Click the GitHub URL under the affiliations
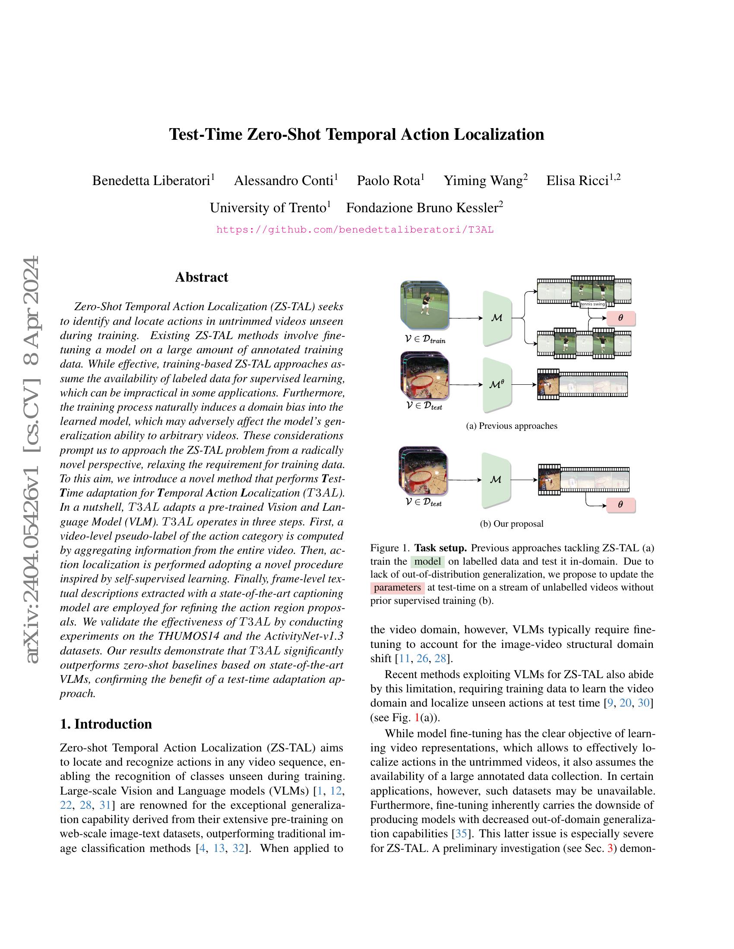pos(355,230)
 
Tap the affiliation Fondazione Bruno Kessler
pos(422,208)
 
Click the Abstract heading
pos(201,277)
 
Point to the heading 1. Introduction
pos(106,724)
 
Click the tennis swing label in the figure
pos(593,304)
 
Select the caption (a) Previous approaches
pos(511,426)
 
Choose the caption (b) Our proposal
pos(511,524)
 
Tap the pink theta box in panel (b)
pos(620,505)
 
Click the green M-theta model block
pos(497,384)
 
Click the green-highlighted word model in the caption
pos(427,561)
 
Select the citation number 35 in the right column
pos(460,834)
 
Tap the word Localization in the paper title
pos(499,135)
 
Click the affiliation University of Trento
pos(268,208)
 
